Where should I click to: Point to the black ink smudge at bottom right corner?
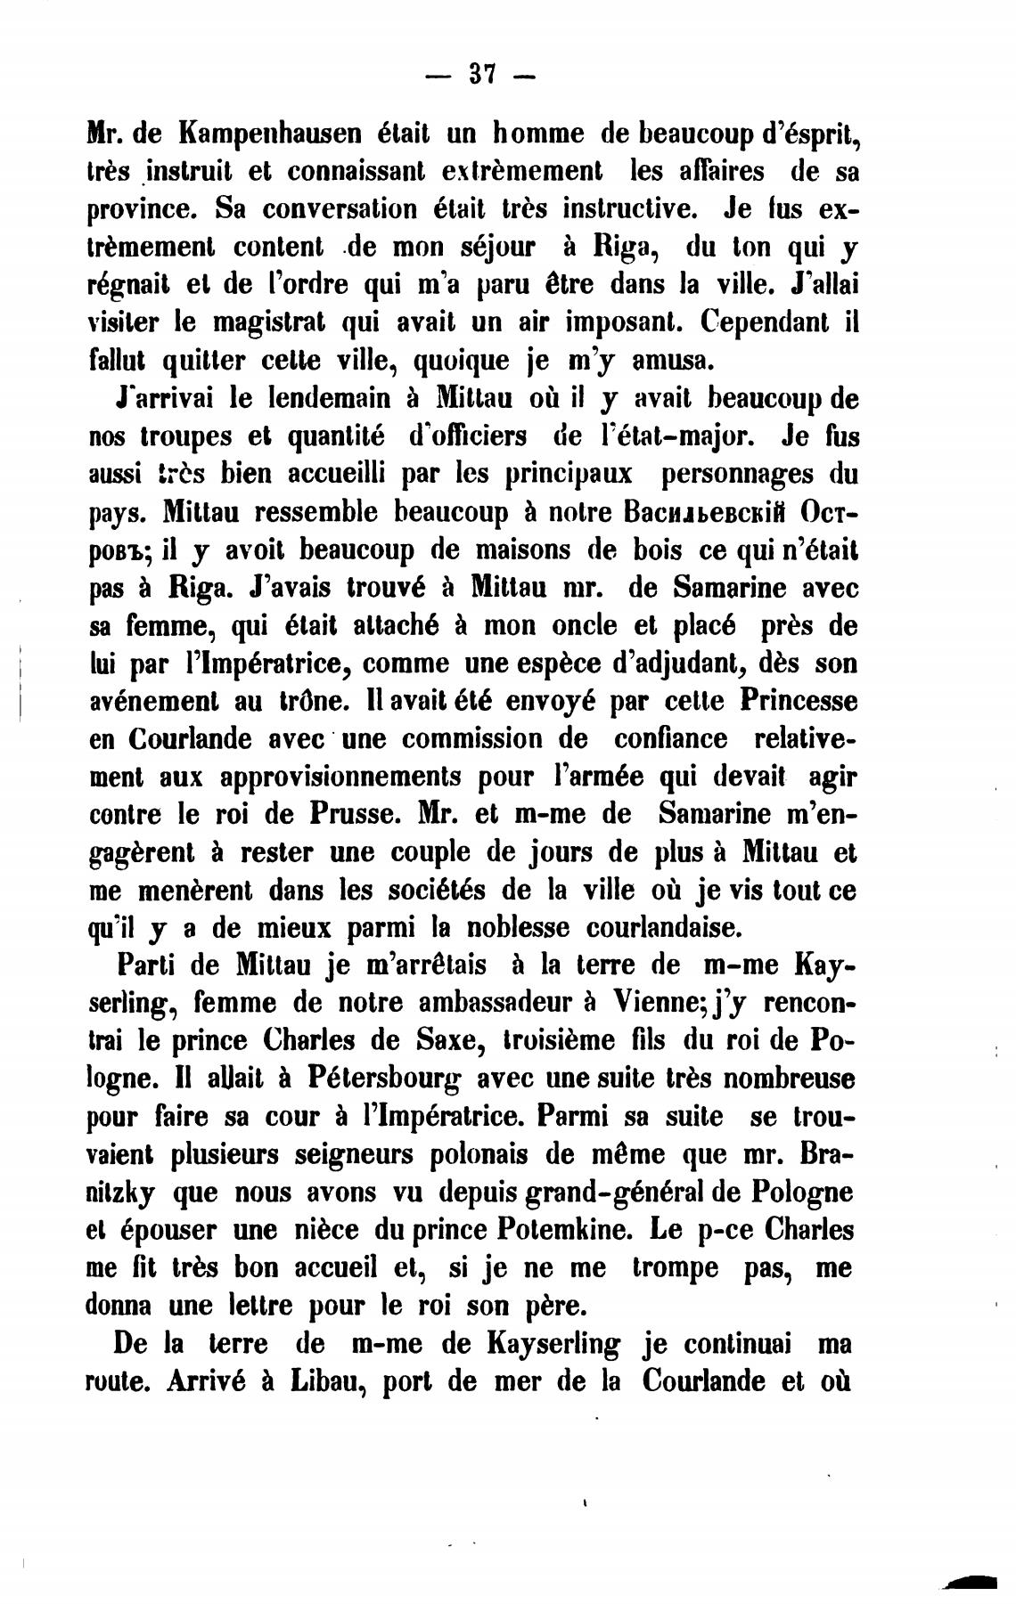point(974,1581)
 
